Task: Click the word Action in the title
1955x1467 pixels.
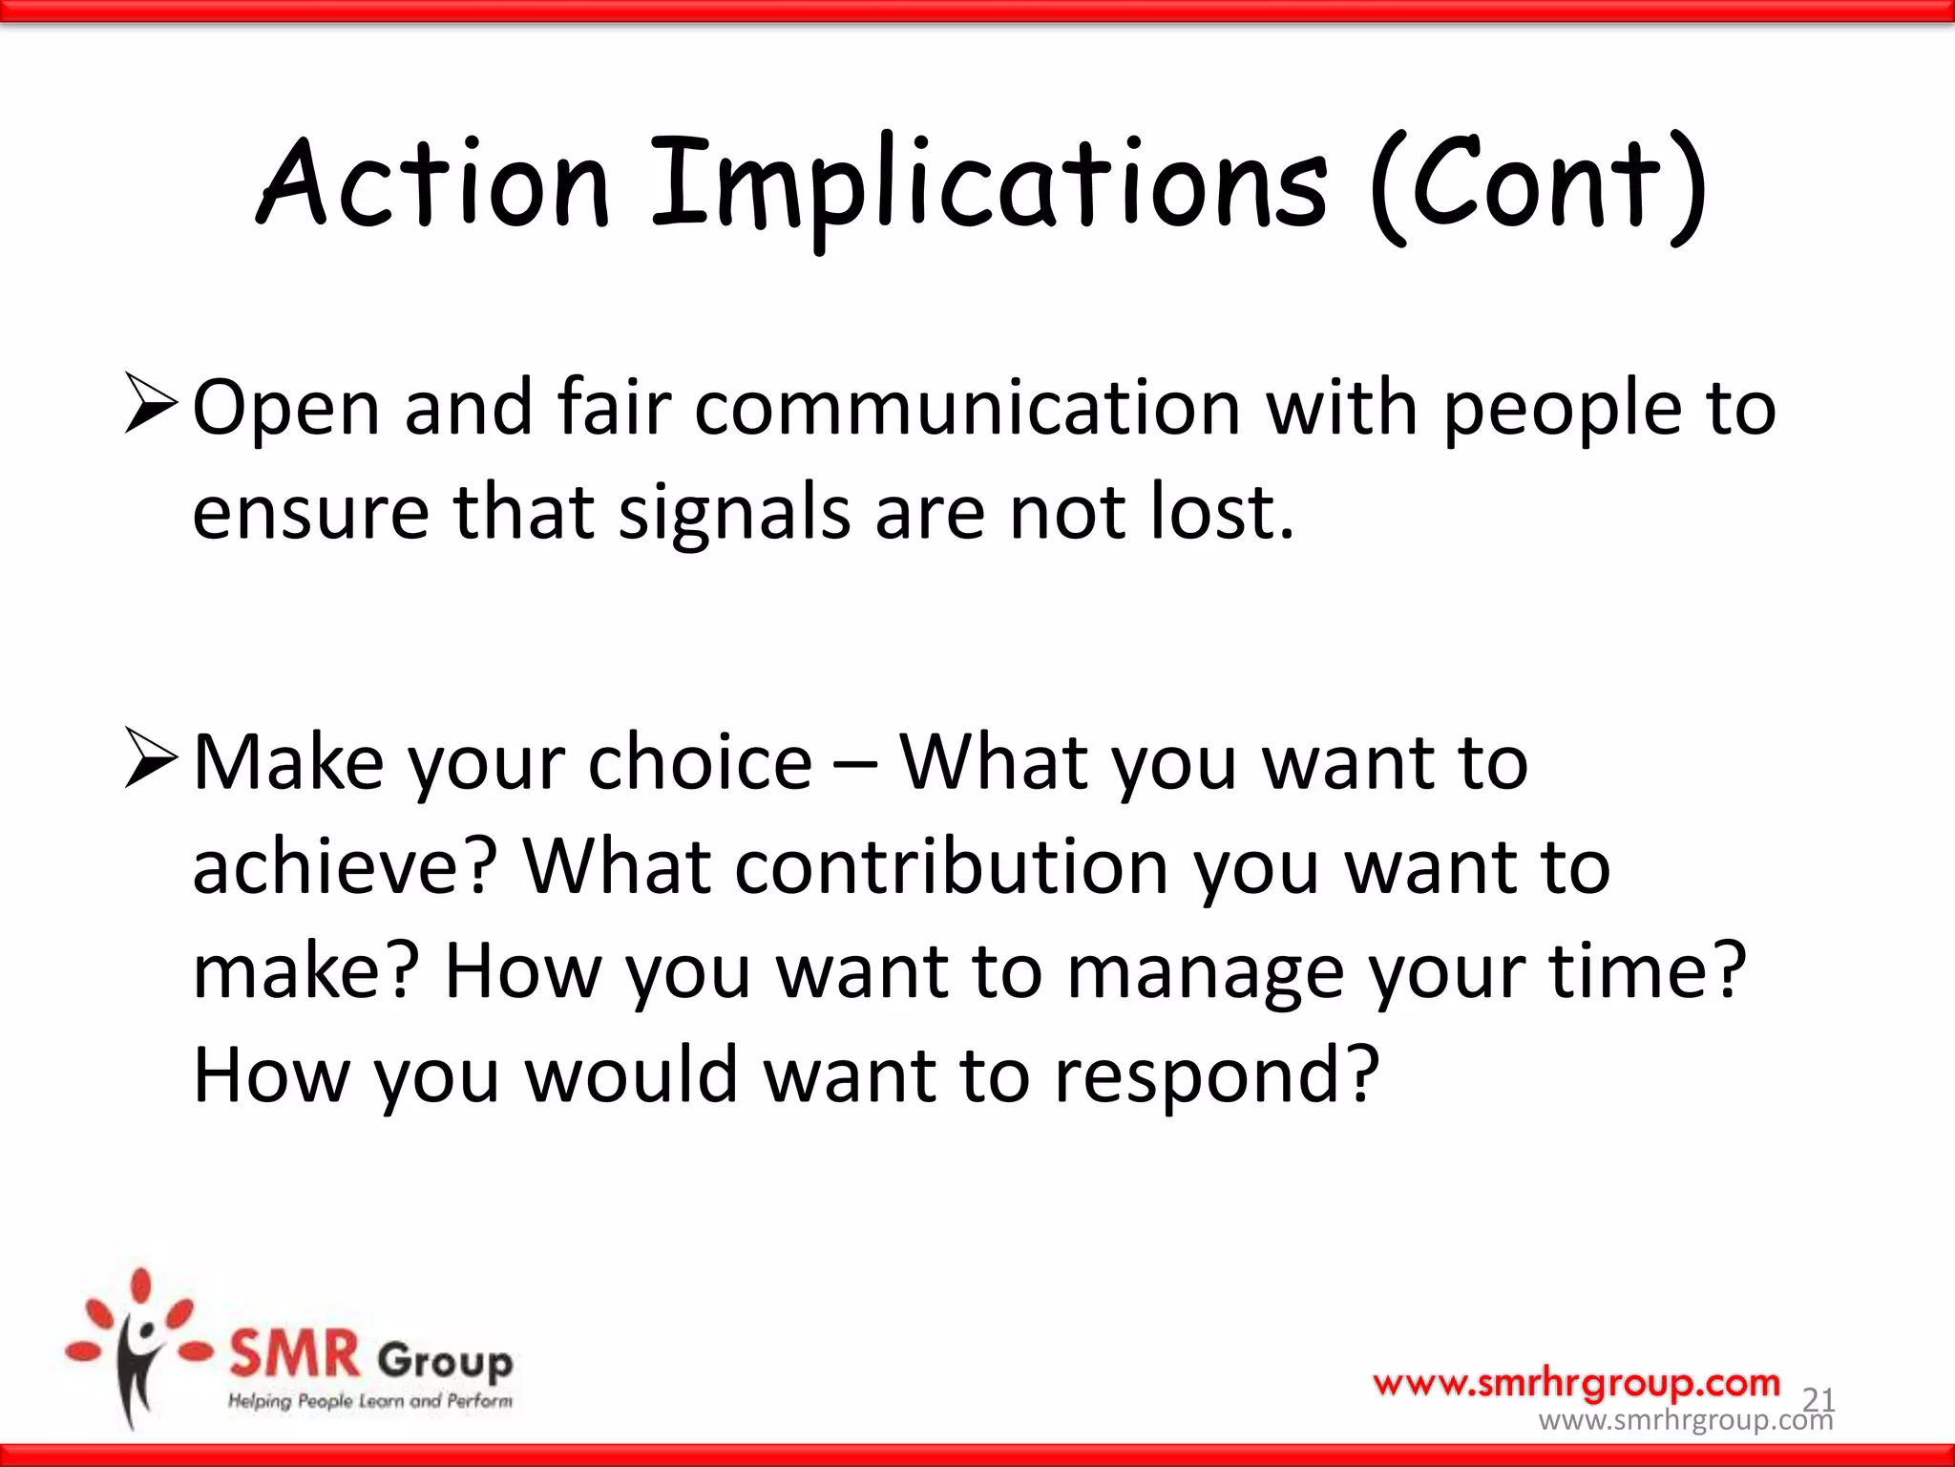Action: (x=434, y=183)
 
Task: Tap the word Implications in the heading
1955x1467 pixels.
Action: (x=988, y=186)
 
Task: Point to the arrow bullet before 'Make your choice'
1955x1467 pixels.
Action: (x=151, y=760)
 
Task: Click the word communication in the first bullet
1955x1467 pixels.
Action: (x=967, y=408)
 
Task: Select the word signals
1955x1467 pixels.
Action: (x=734, y=513)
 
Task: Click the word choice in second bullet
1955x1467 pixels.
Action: (x=700, y=763)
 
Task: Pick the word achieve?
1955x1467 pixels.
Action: (x=345, y=867)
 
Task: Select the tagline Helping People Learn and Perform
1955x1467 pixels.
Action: (x=370, y=1401)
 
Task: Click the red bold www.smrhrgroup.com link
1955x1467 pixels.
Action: (x=1576, y=1382)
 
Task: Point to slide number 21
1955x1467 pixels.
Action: (x=1818, y=1399)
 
